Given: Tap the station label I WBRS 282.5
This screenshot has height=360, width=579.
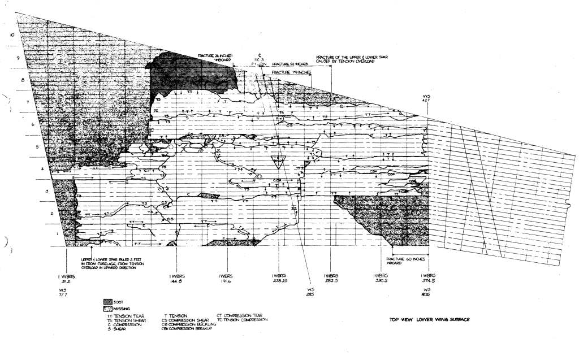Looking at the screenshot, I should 330,278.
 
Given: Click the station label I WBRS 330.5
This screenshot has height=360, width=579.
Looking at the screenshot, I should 383,278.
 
